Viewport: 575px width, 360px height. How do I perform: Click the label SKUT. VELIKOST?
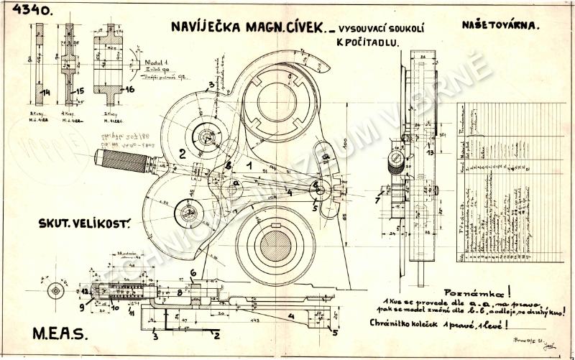(x=83, y=223)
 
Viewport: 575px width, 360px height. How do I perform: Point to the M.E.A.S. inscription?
(x=58, y=333)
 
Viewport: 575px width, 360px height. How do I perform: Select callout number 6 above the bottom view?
(x=193, y=272)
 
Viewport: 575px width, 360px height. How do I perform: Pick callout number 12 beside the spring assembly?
(x=85, y=291)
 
